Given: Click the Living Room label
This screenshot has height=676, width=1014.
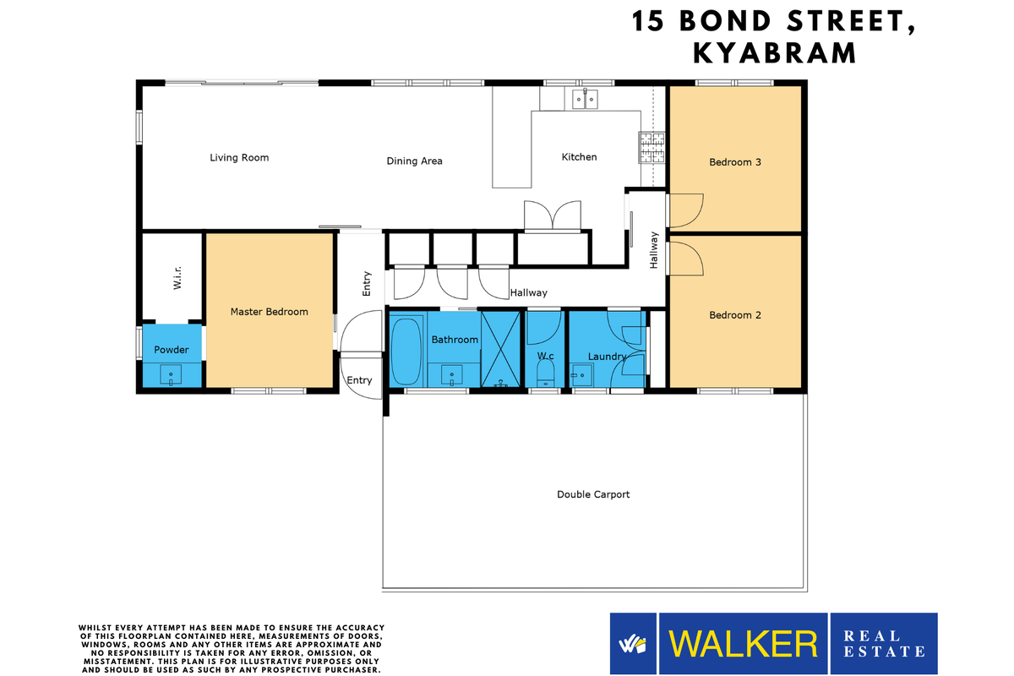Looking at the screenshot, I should pyautogui.click(x=239, y=157).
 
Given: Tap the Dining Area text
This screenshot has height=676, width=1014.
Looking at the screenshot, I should pyautogui.click(x=414, y=161).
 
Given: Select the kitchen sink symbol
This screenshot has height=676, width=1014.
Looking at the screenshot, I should pyautogui.click(x=585, y=99).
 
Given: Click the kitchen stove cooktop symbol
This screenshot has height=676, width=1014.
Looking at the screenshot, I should pyautogui.click(x=651, y=149).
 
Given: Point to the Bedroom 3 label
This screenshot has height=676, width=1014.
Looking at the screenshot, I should pyautogui.click(x=735, y=161).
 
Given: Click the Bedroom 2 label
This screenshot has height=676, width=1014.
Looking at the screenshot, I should pyautogui.click(x=735, y=315).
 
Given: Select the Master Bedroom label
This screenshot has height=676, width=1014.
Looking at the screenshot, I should pyautogui.click(x=269, y=312).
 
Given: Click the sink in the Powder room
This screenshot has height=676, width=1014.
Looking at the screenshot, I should pyautogui.click(x=172, y=373).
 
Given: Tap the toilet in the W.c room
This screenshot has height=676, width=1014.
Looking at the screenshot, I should pyautogui.click(x=546, y=373).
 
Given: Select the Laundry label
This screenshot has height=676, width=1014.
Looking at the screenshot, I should pyautogui.click(x=606, y=357).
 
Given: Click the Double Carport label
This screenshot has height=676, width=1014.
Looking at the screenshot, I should pyautogui.click(x=593, y=494).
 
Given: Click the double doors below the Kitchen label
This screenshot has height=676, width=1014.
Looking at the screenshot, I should pyautogui.click(x=552, y=216).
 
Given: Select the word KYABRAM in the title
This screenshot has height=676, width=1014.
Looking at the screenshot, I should pyautogui.click(x=774, y=53).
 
